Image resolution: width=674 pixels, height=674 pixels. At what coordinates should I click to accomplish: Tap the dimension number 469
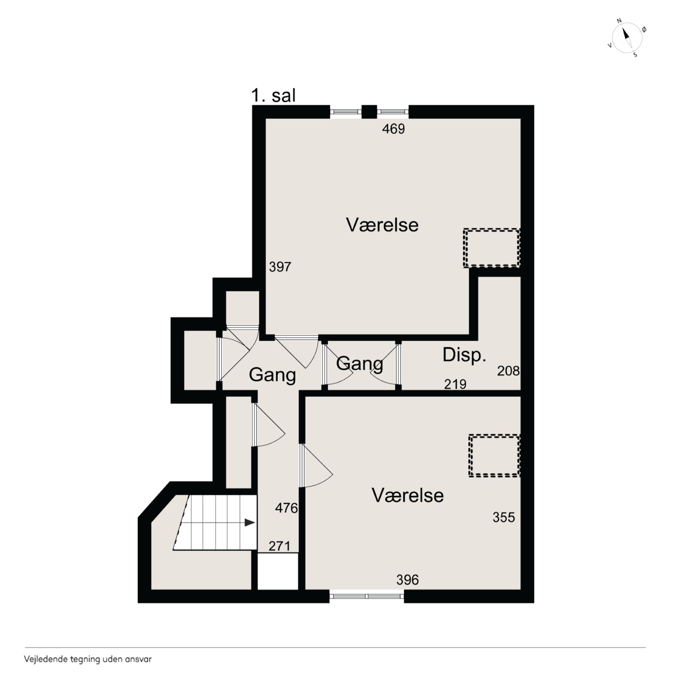(x=393, y=129)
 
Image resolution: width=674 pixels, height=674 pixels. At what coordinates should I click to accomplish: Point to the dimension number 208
(x=508, y=371)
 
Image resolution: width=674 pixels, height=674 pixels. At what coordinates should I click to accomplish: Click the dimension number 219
(x=455, y=384)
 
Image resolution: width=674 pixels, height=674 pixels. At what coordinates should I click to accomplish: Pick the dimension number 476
(x=286, y=508)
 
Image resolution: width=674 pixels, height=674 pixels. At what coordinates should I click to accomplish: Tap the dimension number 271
(x=279, y=546)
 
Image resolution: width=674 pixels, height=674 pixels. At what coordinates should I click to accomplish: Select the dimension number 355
(x=504, y=517)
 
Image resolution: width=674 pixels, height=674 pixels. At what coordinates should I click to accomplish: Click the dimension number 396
(x=408, y=580)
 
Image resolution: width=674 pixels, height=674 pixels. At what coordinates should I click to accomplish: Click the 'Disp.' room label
(x=464, y=355)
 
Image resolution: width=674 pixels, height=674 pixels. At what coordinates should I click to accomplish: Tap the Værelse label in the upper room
(x=382, y=225)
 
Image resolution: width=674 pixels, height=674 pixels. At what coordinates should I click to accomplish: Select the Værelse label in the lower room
(x=408, y=495)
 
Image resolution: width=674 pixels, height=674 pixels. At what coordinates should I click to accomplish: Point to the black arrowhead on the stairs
(x=249, y=523)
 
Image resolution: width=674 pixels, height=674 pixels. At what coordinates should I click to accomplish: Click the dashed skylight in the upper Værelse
(x=492, y=248)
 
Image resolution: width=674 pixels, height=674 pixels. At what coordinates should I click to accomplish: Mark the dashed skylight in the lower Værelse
(x=494, y=456)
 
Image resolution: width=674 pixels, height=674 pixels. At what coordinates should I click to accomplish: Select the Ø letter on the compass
(x=644, y=30)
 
